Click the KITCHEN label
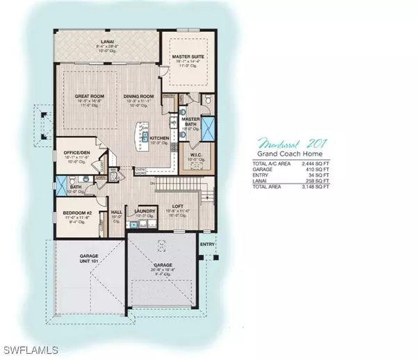pyautogui.click(x=160, y=139)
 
